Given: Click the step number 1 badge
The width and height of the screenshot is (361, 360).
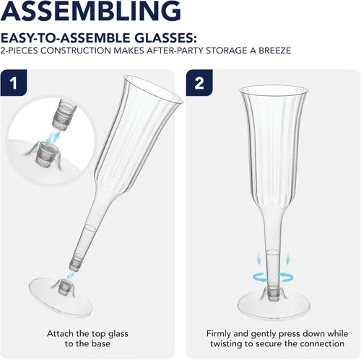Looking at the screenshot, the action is pos(14,83).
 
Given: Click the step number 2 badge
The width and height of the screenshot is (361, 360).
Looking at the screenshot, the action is pos(199,83).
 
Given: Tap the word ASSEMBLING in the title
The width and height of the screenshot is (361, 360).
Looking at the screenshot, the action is pos(91,11).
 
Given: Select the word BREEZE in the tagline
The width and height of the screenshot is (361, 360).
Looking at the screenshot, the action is pos(275,51).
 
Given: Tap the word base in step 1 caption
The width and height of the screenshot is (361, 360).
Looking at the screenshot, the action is pos(100,343).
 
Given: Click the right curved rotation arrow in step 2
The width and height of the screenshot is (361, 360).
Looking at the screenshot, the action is pos(286,277).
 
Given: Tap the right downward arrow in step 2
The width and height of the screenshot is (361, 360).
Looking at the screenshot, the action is pos(287,260).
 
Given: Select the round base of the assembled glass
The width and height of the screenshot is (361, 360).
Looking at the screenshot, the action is pos(274,304).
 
